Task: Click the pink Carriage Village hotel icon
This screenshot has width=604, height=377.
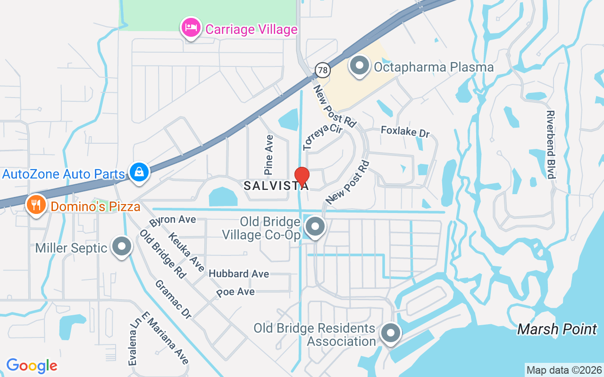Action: [191, 28]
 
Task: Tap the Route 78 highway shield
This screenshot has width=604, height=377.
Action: [322, 71]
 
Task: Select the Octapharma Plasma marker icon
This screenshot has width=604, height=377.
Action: [360, 66]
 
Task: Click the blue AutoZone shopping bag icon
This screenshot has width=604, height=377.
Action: [139, 172]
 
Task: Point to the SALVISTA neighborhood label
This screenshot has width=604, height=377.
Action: [276, 186]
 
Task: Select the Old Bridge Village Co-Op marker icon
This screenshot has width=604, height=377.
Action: [315, 227]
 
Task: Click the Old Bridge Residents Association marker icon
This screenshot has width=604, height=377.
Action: [390, 333]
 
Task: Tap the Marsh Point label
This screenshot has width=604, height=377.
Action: [557, 329]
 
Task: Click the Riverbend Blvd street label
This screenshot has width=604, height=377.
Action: [550, 145]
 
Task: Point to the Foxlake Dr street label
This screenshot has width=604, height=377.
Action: [405, 131]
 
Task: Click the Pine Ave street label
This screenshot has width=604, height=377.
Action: [269, 155]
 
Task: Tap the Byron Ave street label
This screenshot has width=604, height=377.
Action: [172, 220]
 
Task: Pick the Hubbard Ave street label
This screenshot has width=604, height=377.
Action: [239, 274]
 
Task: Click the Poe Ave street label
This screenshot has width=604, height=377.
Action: [235, 292]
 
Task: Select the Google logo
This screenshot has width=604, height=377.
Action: [32, 366]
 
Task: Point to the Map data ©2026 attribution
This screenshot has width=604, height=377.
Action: [564, 370]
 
